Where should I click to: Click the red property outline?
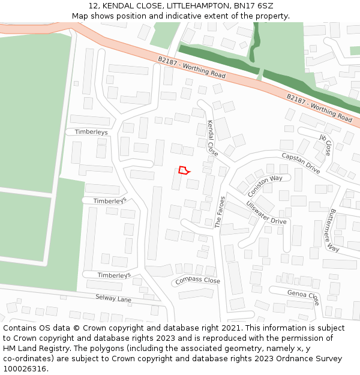tap(184, 170)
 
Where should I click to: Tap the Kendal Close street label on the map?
tap(212, 137)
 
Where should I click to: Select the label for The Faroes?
tap(220, 212)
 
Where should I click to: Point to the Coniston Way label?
tap(265, 187)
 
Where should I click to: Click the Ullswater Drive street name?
tap(266, 212)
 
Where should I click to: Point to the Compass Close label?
tap(197, 281)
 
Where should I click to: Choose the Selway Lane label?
tap(113, 298)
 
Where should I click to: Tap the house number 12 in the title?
tap(93, 7)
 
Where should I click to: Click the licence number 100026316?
tap(26, 368)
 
